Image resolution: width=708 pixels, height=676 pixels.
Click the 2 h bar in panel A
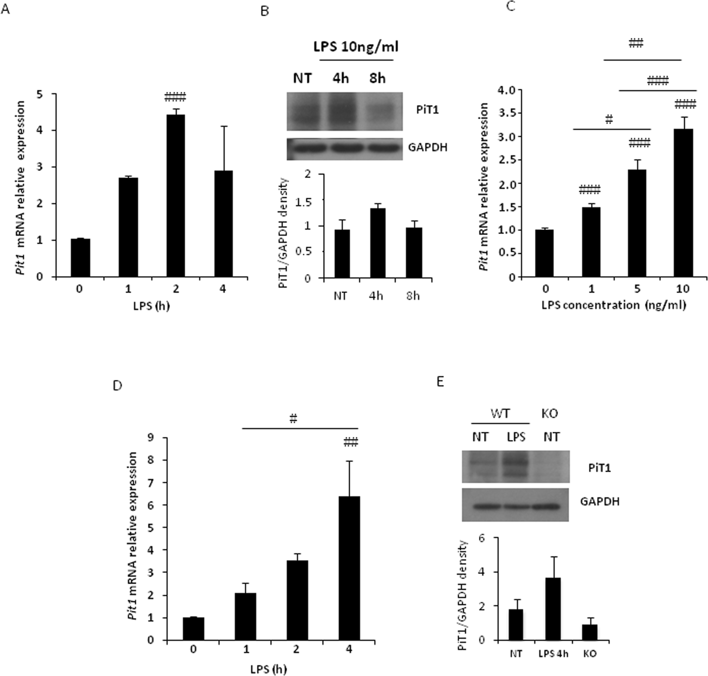pos(175,196)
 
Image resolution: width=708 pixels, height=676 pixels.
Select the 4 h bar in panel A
pos(223,224)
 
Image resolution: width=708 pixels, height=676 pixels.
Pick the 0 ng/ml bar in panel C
pos(544,254)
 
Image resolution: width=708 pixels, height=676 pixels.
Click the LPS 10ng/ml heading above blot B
pos(355,46)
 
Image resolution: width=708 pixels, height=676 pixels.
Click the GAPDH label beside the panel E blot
pos(600,501)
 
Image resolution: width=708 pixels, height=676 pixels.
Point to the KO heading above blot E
pos(551,414)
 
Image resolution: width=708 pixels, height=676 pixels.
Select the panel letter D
pos(117,385)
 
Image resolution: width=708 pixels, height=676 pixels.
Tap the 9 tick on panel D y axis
pos(151,438)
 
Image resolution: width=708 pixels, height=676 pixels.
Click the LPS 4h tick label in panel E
pos(552,654)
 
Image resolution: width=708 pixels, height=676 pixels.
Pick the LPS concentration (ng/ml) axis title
pos(613,305)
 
